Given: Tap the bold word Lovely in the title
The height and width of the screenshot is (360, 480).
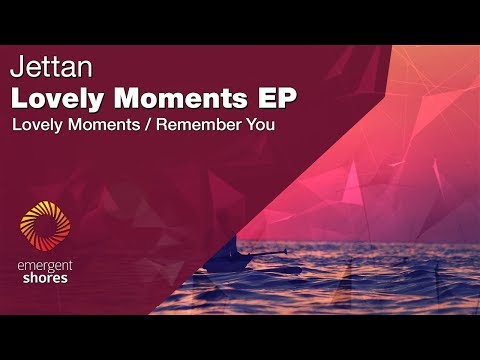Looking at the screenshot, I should (51, 99).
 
